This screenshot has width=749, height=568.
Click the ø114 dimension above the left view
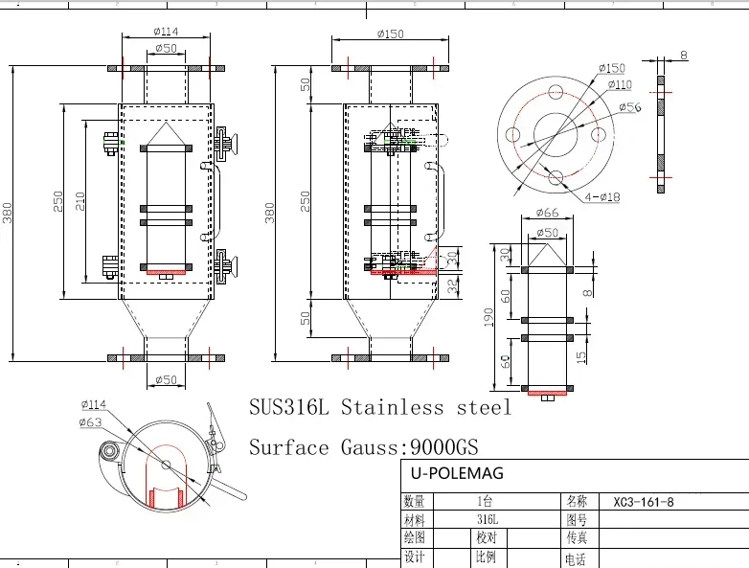[167, 32]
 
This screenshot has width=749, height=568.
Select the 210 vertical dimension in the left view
[79, 201]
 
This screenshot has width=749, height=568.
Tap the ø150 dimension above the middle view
[390, 34]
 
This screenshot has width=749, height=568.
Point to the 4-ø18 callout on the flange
[602, 196]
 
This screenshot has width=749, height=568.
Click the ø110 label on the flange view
[620, 84]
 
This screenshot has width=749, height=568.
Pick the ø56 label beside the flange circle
[630, 107]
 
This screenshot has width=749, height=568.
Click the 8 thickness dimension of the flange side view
[684, 55]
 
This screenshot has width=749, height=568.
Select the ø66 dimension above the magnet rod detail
[548, 213]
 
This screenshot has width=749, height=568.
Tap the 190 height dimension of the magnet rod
[488, 317]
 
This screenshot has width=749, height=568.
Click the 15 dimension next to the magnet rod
[580, 357]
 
